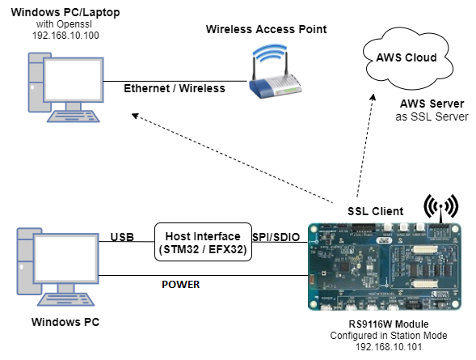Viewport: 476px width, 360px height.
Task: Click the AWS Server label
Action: coord(432,104)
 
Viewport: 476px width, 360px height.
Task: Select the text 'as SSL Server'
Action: coord(432,117)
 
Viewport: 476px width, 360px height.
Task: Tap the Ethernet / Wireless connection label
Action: coord(174,88)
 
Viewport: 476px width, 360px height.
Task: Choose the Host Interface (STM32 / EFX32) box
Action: coord(203,241)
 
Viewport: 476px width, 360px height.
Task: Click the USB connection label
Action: coord(121,236)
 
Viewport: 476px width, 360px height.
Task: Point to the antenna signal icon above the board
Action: coord(440,206)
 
